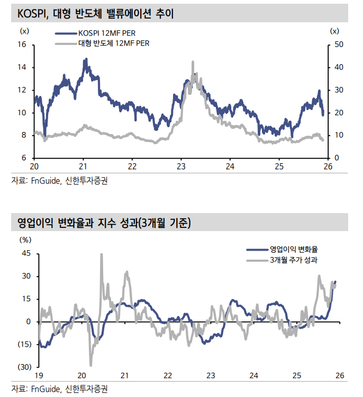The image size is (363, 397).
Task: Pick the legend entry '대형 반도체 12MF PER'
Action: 114,43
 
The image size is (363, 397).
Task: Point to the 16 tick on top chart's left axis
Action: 22,45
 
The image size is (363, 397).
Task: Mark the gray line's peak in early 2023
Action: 192,62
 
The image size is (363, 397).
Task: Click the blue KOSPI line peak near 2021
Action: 86,59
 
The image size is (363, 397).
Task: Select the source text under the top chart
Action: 62,181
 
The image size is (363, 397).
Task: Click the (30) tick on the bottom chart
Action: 24,367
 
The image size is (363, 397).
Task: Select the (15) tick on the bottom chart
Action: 24,345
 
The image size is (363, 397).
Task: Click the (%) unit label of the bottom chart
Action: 25,240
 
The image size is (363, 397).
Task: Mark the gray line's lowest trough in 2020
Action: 90,365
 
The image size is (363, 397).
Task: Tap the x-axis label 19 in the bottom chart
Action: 39,375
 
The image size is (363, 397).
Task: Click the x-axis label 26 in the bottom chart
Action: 340,375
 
